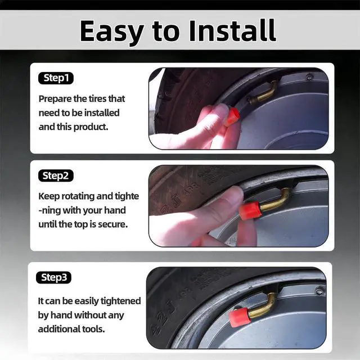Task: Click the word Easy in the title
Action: [x=112, y=31]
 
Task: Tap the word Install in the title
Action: [x=232, y=30]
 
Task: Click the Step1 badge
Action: [x=56, y=78]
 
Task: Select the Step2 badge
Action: [x=56, y=175]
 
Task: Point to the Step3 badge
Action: [x=54, y=277]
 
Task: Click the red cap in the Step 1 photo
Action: [x=232, y=116]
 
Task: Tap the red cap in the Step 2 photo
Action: [x=250, y=210]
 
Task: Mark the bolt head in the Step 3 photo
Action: [x=319, y=291]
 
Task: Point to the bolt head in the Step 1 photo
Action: [x=309, y=77]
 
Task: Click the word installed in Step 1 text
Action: [x=102, y=112]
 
